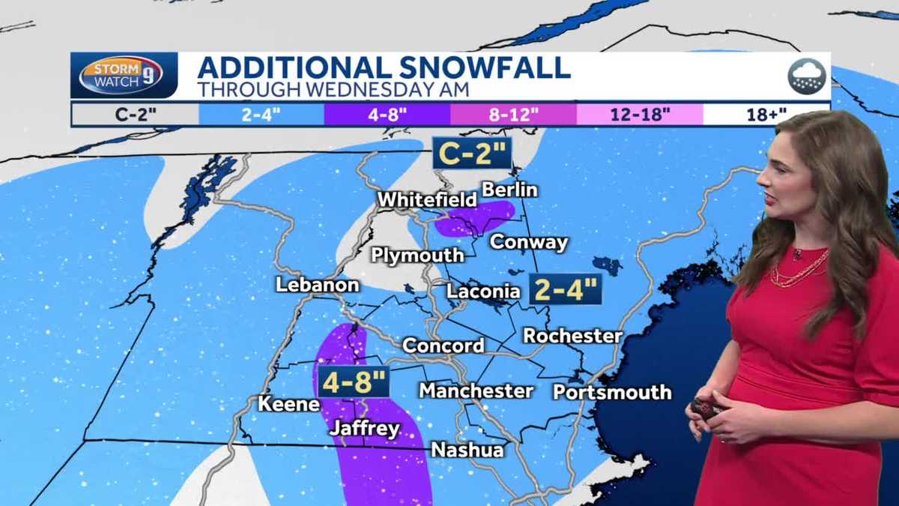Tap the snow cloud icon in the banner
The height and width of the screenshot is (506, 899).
806,76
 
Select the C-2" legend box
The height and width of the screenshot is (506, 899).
134,115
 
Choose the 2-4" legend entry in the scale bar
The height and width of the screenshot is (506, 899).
261,115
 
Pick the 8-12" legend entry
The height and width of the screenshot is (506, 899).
513,115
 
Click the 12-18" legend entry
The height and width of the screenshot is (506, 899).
639,115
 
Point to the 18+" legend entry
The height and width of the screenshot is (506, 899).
766,115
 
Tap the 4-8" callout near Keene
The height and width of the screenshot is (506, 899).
353,382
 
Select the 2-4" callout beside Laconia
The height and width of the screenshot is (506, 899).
566,289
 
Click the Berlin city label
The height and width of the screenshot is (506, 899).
509,190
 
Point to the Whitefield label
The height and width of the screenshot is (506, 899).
427,200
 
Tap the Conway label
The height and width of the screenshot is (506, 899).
529,243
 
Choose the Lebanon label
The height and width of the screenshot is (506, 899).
317,285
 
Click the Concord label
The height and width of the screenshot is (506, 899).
444,346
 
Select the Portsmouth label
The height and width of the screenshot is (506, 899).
612,392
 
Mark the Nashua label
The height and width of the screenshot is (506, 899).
467,450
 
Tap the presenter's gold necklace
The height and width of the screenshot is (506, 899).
800,270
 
